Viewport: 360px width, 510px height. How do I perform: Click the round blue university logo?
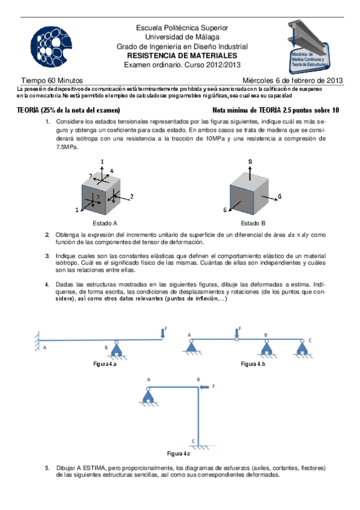coord(51,47)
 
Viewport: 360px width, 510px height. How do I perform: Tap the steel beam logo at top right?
coord(309,47)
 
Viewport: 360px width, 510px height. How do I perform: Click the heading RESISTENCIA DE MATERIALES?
coord(182,55)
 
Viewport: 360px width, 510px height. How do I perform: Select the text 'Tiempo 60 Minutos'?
coord(52,81)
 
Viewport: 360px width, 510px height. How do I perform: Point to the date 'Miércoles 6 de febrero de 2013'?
coord(293,81)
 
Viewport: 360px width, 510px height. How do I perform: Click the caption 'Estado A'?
coord(105,223)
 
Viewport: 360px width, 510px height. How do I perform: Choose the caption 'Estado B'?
coord(253,223)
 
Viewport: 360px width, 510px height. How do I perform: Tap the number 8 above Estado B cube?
coord(250,161)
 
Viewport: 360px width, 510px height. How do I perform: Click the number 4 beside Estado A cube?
coord(112,171)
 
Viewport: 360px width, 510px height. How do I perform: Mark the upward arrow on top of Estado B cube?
coord(250,173)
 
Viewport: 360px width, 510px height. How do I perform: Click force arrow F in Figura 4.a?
coord(163,333)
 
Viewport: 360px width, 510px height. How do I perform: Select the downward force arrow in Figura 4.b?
coord(237,333)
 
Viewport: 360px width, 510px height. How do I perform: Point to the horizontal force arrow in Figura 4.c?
coord(204,387)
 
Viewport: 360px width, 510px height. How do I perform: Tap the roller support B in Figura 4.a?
coord(117,350)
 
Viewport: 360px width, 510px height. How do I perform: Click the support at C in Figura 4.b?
coord(302,349)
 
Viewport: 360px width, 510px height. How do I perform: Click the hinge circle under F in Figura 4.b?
coord(237,340)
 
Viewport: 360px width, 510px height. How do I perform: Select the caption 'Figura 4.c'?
coord(178,453)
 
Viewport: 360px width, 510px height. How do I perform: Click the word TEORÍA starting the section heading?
coord(28,110)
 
